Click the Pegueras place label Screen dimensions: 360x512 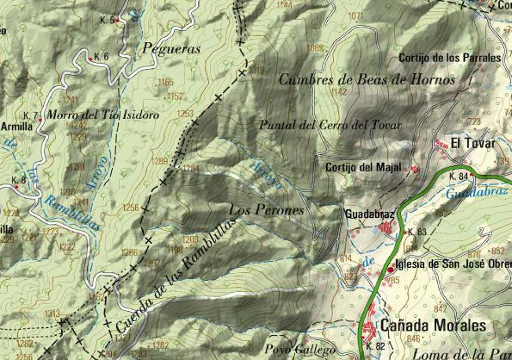coord(170,49)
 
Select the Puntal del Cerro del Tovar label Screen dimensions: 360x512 coord(330,124)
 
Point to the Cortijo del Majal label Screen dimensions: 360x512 coord(363,167)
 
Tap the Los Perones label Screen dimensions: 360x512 coord(267,210)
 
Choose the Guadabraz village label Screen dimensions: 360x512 coord(368,211)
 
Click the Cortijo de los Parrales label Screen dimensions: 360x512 coord(449,58)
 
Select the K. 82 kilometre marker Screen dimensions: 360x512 coord(374,346)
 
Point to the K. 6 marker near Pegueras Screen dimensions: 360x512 coord(100,56)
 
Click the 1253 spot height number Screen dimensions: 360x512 coord(185,114)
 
